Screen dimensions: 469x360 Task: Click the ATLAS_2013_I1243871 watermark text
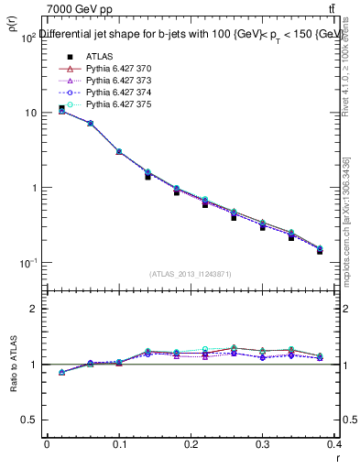click(191, 274)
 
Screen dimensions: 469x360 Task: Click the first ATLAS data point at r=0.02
click(61, 108)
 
